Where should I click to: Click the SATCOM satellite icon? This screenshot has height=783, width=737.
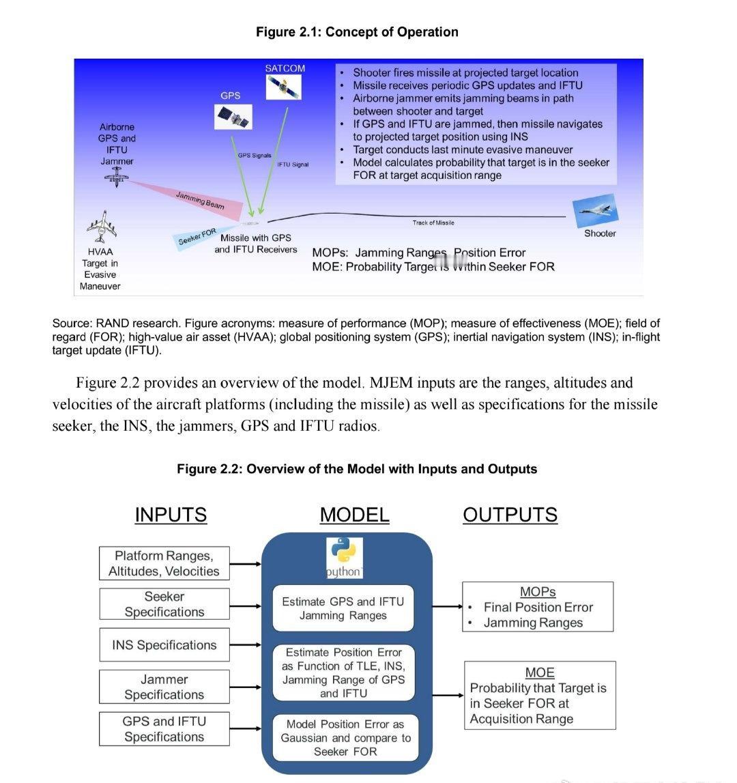(285, 87)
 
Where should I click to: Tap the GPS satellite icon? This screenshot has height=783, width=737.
(233, 117)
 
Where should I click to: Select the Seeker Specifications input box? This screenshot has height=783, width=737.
(164, 604)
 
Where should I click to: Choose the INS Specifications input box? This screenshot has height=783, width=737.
(164, 645)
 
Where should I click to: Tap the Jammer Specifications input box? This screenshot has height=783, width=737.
(164, 687)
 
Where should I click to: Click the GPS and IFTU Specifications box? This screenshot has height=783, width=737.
(164, 729)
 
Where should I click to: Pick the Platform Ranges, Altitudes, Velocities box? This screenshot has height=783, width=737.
(164, 564)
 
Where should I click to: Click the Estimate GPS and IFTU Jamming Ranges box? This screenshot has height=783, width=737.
(343, 608)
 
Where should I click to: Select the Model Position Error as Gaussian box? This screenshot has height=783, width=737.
(345, 737)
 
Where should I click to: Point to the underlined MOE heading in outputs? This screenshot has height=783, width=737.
(540, 672)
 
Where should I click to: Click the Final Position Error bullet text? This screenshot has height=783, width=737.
(538, 607)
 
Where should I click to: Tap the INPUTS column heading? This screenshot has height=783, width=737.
(171, 515)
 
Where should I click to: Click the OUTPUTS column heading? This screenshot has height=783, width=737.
(510, 515)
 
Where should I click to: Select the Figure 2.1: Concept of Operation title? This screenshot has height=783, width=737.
(357, 32)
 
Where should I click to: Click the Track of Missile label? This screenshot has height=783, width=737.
(433, 223)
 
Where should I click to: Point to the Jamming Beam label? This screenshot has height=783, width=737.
(200, 200)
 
